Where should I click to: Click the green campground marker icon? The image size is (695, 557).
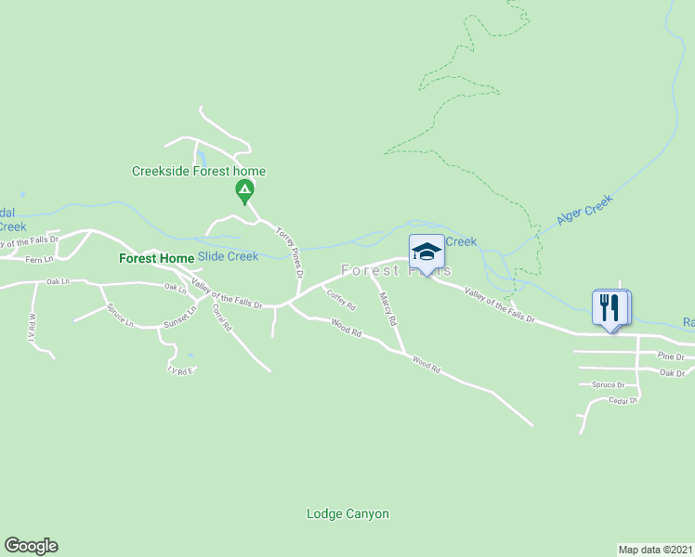click(x=243, y=192)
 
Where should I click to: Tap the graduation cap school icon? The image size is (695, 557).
click(x=426, y=253)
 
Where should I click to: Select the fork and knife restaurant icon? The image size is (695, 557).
click(x=610, y=307)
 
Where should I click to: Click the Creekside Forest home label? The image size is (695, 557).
click(x=199, y=171)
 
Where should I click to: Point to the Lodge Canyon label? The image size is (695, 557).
click(x=347, y=513)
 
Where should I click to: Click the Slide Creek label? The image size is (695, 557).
click(x=228, y=256)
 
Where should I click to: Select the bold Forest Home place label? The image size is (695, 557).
click(x=157, y=258)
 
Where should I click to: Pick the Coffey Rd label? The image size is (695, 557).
click(x=340, y=300)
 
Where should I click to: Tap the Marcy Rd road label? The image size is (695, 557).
click(x=388, y=309)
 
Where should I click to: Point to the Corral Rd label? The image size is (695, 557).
click(x=221, y=317)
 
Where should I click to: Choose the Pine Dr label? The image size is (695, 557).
click(x=671, y=356)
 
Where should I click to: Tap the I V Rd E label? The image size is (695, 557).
click(x=180, y=370)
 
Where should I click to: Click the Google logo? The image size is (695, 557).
click(x=31, y=546)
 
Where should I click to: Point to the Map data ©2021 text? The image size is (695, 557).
click(x=655, y=549)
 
